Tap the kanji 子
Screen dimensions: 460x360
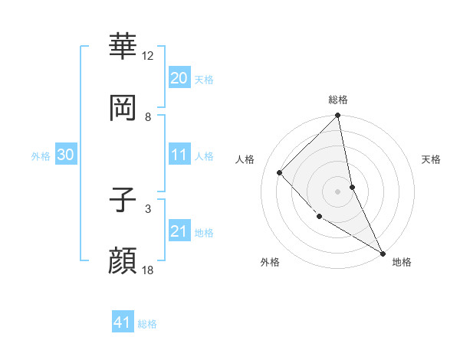point(123,198)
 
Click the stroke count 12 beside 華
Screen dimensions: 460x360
point(148,56)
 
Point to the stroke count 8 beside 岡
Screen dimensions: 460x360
point(148,116)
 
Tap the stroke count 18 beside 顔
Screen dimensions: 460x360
point(148,270)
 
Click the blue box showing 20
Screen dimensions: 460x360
point(179,78)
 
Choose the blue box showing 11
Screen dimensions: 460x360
point(179,155)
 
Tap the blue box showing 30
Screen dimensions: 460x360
point(65,155)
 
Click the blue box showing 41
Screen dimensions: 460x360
point(123,323)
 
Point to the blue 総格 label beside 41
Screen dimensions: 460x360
point(147,324)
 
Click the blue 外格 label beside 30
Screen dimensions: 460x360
point(41,156)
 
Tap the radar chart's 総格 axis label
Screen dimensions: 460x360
point(338,100)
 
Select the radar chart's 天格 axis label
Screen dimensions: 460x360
point(432,159)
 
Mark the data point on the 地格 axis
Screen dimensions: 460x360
point(383,253)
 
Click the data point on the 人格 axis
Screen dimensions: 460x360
point(280,172)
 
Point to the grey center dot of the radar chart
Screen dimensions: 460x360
point(338,191)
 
